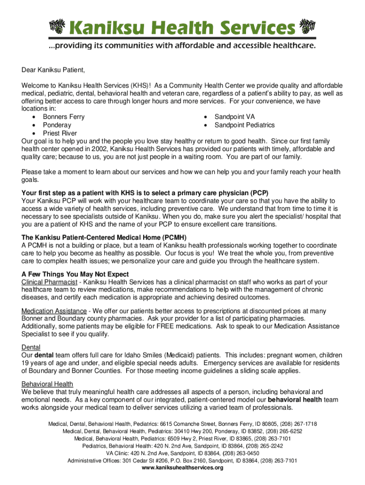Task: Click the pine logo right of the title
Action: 308,27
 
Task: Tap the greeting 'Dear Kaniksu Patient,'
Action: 53,71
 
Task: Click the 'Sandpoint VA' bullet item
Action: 235,117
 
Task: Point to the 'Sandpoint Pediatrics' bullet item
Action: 245,125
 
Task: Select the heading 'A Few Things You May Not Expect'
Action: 75,274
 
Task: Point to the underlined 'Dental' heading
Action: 31,347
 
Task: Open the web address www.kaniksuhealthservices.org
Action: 182,468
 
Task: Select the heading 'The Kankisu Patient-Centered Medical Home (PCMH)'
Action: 104,237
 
